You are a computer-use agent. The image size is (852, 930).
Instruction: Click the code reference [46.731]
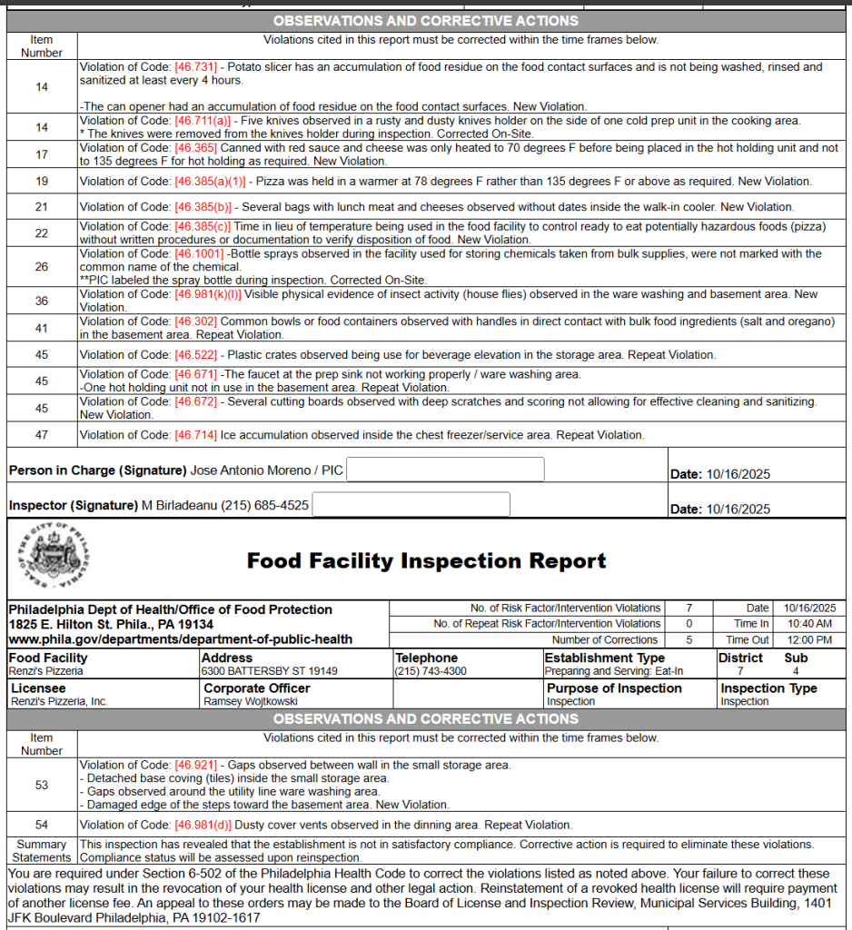196,67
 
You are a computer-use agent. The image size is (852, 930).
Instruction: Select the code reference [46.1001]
200,254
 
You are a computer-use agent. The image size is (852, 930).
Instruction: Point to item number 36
42,301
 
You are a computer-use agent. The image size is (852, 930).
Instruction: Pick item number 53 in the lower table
42,785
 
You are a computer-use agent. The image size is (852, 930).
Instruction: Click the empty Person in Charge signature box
445,470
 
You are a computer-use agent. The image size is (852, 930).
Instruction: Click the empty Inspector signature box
411,504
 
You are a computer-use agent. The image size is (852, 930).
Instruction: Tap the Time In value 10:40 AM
810,624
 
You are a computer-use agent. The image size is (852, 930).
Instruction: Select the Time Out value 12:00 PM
810,639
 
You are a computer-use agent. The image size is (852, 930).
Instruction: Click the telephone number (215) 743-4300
431,671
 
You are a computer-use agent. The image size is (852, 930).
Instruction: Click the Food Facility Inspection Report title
426,561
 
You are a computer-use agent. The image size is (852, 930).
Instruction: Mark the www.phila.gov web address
180,639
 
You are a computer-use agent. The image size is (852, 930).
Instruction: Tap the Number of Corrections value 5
689,639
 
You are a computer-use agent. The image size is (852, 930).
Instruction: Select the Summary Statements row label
42,851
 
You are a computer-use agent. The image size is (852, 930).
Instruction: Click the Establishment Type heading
604,658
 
